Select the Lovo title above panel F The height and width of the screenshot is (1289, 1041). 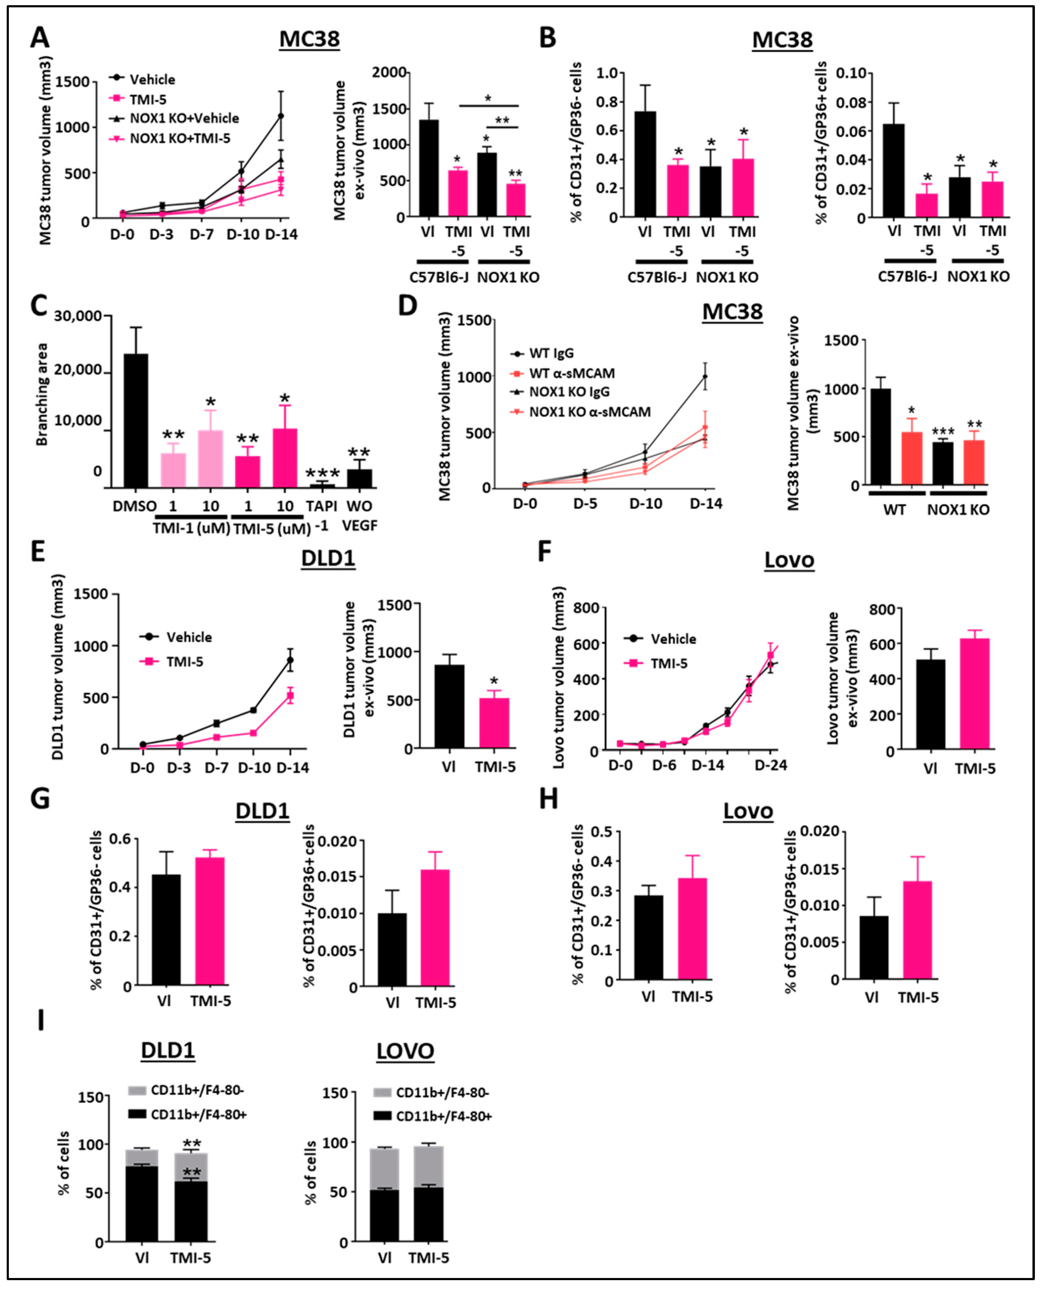pos(789,560)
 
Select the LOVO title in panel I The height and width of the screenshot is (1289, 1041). pos(405,1051)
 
